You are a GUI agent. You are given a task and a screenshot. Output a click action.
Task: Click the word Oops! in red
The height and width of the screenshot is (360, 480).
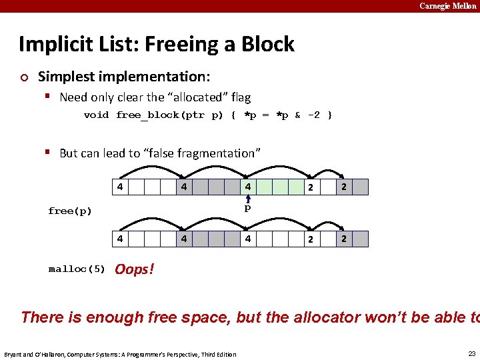(x=134, y=269)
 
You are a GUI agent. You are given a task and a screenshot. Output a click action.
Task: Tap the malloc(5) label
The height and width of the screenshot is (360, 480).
(x=77, y=269)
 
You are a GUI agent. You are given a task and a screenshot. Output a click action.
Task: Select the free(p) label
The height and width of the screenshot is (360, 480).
(x=70, y=211)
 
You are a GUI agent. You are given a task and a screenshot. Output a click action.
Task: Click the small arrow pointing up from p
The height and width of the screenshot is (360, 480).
(x=247, y=198)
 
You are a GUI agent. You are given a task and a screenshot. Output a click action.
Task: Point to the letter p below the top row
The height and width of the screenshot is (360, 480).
(x=247, y=208)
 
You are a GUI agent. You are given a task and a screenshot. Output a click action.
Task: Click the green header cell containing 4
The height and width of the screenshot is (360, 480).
(x=247, y=187)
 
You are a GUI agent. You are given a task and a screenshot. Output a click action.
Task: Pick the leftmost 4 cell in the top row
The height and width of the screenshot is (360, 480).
(x=119, y=187)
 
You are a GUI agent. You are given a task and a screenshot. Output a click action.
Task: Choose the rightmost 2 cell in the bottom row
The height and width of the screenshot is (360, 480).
(x=344, y=239)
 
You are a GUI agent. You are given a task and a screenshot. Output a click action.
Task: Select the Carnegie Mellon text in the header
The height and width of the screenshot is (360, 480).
(x=447, y=6)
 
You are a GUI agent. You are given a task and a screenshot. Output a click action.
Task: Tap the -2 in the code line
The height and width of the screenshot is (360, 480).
(x=313, y=115)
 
